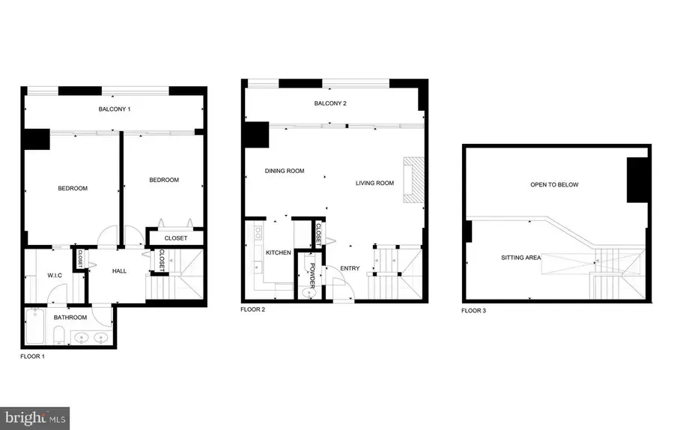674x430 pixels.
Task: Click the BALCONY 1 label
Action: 115,109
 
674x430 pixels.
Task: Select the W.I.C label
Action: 55,275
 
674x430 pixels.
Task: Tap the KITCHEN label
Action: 278,252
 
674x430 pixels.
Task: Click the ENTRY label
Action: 350,268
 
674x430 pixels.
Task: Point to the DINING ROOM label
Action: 285,171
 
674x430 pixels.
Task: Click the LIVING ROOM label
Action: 374,183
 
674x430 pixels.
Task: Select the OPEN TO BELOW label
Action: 554,184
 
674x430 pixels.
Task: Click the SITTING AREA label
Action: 521,258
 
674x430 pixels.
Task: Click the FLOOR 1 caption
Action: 33,357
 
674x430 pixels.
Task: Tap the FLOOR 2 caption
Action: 252,309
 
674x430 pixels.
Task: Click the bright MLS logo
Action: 36,417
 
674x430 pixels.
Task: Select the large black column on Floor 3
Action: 637,181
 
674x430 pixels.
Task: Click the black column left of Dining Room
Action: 257,135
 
